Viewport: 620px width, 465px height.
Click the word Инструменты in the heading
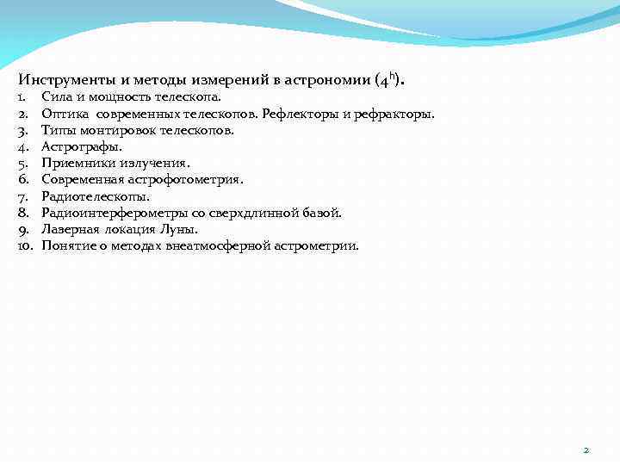pyautogui.click(x=64, y=80)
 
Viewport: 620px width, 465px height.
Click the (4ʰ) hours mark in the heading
pyautogui.click(x=388, y=79)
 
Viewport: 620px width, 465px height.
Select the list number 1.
pyautogui.click(x=22, y=98)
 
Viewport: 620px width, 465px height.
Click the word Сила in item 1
pyautogui.click(x=56, y=98)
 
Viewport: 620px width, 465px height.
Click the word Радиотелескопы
pyautogui.click(x=95, y=196)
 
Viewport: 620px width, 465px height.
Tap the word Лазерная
pyautogui.click(x=71, y=229)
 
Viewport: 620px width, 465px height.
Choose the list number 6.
pyautogui.click(x=23, y=180)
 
